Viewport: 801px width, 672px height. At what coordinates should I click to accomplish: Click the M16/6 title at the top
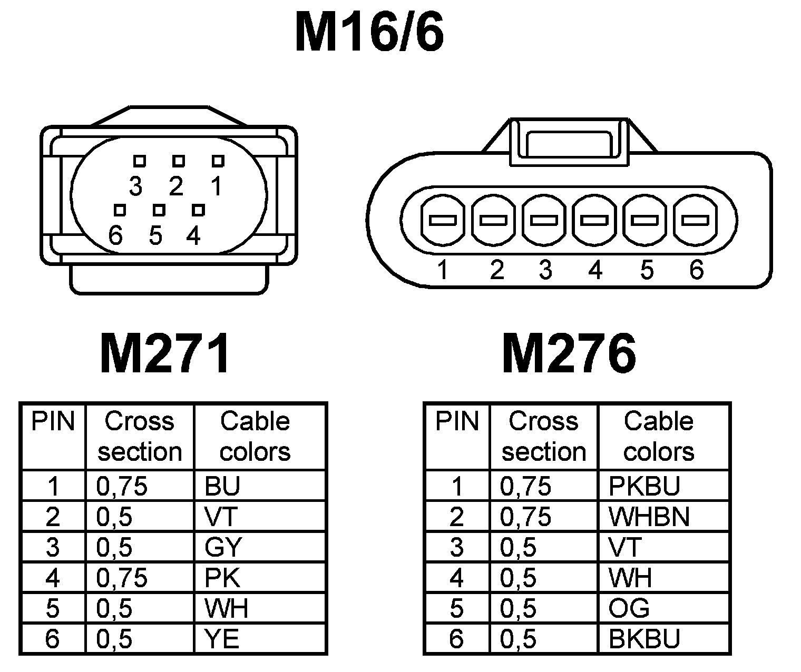click(x=369, y=33)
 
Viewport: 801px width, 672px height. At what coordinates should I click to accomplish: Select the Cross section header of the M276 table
click(x=544, y=437)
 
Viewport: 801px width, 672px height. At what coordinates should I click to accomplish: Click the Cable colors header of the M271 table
click(x=255, y=437)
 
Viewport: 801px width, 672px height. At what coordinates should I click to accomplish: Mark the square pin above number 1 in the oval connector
click(x=218, y=161)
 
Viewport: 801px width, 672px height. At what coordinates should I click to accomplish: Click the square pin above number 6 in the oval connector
click(x=120, y=211)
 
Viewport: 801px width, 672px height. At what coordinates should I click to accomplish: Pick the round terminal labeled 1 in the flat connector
click(x=442, y=220)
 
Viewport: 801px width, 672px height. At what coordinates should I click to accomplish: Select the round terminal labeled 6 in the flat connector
click(x=695, y=220)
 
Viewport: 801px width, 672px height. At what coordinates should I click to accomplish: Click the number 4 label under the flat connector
click(x=595, y=270)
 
